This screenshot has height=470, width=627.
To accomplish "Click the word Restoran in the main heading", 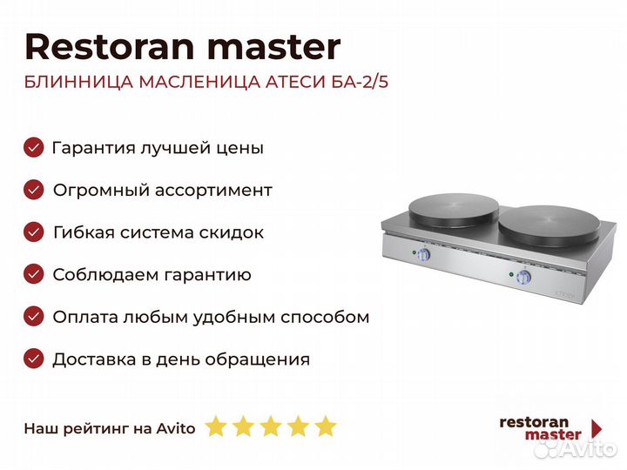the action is tap(110, 47).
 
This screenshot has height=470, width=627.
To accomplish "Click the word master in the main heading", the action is tap(274, 48).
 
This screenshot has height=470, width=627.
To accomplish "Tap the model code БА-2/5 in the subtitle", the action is tap(360, 82).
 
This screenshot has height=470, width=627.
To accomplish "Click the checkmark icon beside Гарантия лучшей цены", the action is tap(34, 147).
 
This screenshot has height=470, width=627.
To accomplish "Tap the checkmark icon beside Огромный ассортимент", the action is tap(34, 190).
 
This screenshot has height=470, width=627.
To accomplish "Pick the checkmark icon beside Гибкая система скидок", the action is tap(34, 232).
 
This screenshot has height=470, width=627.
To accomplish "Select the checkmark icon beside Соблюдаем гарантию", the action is tap(34, 274).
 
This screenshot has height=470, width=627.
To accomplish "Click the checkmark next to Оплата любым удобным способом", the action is tap(34, 317).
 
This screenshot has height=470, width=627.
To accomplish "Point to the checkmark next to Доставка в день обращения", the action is tap(34, 359).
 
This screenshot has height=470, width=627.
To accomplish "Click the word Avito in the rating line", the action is tap(176, 428).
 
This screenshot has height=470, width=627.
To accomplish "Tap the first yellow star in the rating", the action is tap(216, 426).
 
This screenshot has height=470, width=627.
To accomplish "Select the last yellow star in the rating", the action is tap(326, 426).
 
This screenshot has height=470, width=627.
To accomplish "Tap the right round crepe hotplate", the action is tap(549, 225).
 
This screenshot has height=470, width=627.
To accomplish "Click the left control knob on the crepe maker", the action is tap(423, 254).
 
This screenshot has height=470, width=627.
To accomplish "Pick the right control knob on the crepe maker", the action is tap(523, 277).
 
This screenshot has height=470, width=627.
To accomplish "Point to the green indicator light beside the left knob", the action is tap(414, 252).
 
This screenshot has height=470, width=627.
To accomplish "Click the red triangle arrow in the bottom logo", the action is tap(597, 429).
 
